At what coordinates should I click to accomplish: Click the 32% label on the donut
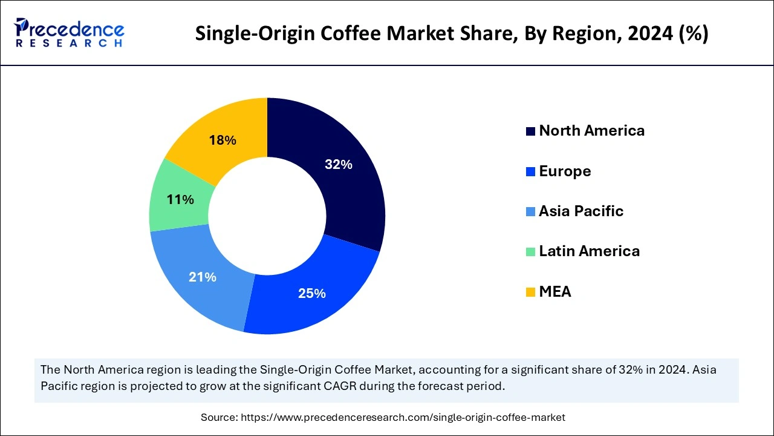(338, 164)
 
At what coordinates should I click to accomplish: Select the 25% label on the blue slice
(311, 294)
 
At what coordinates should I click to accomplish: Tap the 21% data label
(202, 277)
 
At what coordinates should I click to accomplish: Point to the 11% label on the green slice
(180, 199)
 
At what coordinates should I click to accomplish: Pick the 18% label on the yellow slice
(222, 140)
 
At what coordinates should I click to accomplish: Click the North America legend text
(591, 131)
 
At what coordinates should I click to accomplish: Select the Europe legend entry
(565, 171)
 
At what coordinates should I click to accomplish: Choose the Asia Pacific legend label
(580, 211)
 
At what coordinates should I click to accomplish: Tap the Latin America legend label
(589, 251)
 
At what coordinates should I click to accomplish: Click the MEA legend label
(555, 292)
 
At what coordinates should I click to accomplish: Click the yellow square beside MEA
(531, 292)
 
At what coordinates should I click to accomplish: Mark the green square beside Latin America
(531, 252)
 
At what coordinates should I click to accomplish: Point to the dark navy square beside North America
(531, 131)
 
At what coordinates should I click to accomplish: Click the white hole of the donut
(267, 216)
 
